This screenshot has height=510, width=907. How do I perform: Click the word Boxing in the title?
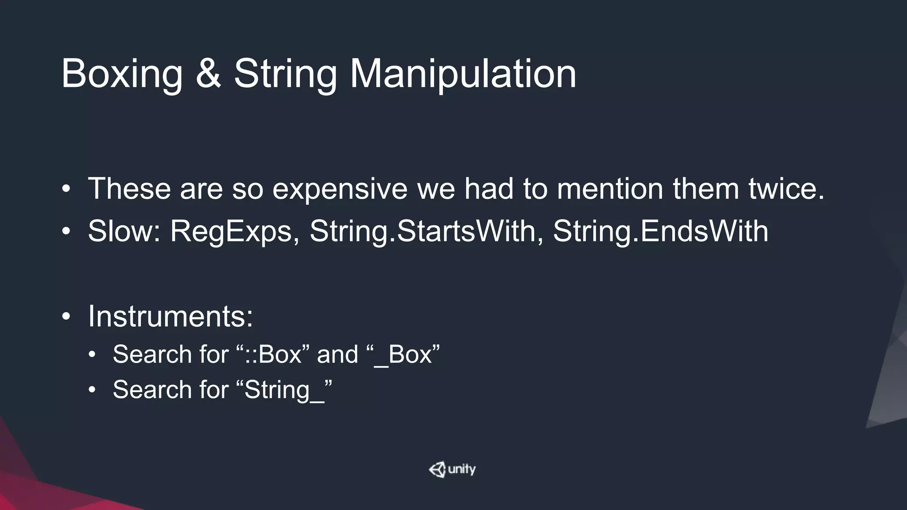(x=122, y=74)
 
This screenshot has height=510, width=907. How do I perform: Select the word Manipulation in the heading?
(x=463, y=74)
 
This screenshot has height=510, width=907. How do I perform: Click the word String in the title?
(x=285, y=74)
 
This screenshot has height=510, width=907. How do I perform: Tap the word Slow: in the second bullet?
(x=124, y=231)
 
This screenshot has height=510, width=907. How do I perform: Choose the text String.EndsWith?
(x=660, y=231)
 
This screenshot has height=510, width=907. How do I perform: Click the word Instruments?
(x=171, y=317)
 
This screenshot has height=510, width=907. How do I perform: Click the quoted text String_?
(x=284, y=390)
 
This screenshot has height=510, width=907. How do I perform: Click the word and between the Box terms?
(x=337, y=355)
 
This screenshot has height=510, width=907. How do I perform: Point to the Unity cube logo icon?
(x=437, y=469)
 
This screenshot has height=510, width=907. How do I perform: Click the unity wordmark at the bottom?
(x=462, y=469)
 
